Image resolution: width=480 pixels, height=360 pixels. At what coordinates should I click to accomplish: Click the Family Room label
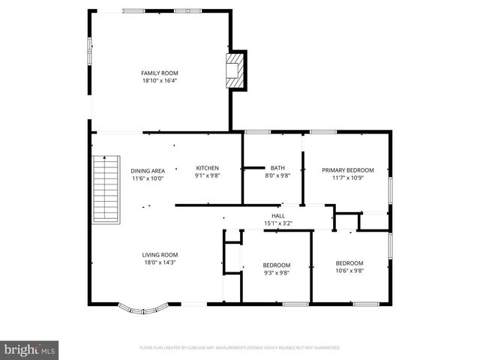tap(159, 73)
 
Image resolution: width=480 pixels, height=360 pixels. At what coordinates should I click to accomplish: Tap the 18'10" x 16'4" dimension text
tap(159, 80)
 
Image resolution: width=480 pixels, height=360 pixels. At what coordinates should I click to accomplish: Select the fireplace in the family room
tap(235, 70)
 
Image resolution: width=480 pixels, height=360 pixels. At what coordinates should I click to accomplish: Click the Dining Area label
tap(148, 170)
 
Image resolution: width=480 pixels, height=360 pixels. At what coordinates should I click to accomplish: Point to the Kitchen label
tap(207, 168)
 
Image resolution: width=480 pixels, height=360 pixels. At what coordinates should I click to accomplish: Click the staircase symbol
tap(106, 188)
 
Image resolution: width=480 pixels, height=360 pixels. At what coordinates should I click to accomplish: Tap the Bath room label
tap(277, 168)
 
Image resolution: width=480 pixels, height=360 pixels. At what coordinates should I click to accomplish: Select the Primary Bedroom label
tap(347, 170)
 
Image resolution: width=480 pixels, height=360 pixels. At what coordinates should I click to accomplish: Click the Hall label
tap(277, 215)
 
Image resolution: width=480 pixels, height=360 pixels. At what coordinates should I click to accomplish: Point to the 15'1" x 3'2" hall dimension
tap(277, 223)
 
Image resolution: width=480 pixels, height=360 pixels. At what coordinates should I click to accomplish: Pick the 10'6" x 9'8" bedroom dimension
tap(349, 271)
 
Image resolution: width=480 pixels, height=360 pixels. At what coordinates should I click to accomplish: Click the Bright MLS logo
tap(30, 349)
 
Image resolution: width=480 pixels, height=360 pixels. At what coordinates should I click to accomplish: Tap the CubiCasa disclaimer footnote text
tap(240, 348)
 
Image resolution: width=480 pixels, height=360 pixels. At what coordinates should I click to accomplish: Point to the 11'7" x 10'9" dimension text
tap(347, 178)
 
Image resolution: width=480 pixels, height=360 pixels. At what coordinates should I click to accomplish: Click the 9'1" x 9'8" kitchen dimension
tap(207, 176)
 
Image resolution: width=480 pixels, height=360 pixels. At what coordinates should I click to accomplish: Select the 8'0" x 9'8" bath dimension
tap(277, 176)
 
